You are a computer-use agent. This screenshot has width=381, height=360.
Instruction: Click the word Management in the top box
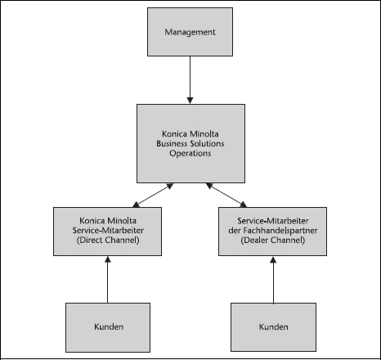pyautogui.click(x=190, y=32)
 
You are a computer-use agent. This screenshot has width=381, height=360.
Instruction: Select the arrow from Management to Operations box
pyautogui.click(x=190, y=80)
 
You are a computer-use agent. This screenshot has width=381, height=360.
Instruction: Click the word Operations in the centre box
pyautogui.click(x=190, y=153)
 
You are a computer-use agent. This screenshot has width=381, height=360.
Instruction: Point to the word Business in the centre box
pyautogui.click(x=172, y=143)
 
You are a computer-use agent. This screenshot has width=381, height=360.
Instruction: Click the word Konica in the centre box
pyautogui.click(x=174, y=134)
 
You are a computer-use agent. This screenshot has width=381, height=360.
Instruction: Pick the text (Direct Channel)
pyautogui.click(x=108, y=240)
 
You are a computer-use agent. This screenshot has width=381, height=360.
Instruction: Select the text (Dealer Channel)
pyautogui.click(x=273, y=240)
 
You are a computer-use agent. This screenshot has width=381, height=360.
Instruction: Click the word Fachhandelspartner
pyautogui.click(x=280, y=231)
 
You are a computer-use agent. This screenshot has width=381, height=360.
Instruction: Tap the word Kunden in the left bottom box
pyautogui.click(x=109, y=326)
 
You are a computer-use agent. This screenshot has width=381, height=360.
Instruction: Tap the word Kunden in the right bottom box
pyautogui.click(x=274, y=326)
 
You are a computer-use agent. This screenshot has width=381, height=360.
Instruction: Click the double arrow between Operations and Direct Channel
pyautogui.click(x=153, y=196)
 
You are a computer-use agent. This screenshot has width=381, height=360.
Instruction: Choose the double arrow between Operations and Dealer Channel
pyautogui.click(x=226, y=196)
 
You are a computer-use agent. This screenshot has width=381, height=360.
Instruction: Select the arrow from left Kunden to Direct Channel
pyautogui.click(x=108, y=280)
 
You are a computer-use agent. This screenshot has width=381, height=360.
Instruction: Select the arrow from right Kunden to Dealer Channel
pyautogui.click(x=273, y=280)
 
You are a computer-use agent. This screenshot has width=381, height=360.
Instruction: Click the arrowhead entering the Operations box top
pyautogui.click(x=190, y=101)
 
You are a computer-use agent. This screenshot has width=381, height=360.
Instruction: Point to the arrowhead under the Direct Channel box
pyautogui.click(x=108, y=259)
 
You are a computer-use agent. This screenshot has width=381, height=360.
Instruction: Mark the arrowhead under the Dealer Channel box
pyautogui.click(x=273, y=259)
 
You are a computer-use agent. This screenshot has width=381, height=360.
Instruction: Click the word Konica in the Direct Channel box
pyautogui.click(x=92, y=221)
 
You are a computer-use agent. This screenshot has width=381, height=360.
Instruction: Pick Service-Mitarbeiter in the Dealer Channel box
pyautogui.click(x=273, y=221)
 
